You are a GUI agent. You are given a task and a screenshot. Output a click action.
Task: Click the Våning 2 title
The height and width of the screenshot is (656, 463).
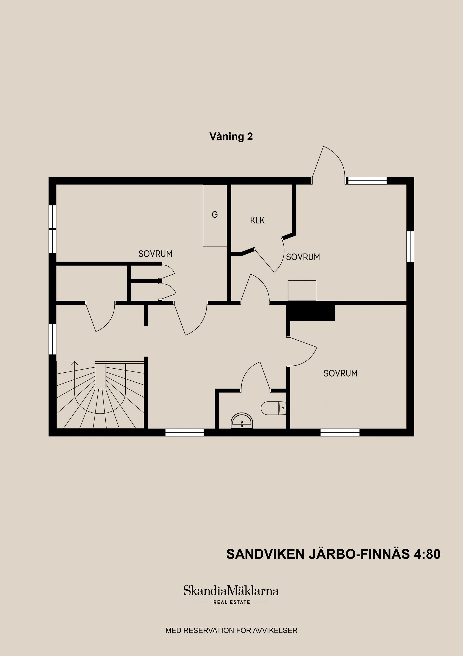231,136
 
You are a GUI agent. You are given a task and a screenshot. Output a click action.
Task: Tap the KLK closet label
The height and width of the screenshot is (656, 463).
257,220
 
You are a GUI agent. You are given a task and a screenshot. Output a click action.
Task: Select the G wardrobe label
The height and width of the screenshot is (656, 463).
215,214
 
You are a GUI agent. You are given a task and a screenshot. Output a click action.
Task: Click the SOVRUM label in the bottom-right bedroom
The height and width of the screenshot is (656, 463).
340,373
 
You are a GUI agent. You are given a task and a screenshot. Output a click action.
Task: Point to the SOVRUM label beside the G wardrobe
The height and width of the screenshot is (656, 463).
155,254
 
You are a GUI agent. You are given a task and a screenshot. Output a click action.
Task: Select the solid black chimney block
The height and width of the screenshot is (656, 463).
311,312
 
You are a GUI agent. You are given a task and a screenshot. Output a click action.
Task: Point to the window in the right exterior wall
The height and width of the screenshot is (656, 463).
410,246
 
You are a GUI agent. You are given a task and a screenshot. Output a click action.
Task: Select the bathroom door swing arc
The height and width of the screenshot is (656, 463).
251,374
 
